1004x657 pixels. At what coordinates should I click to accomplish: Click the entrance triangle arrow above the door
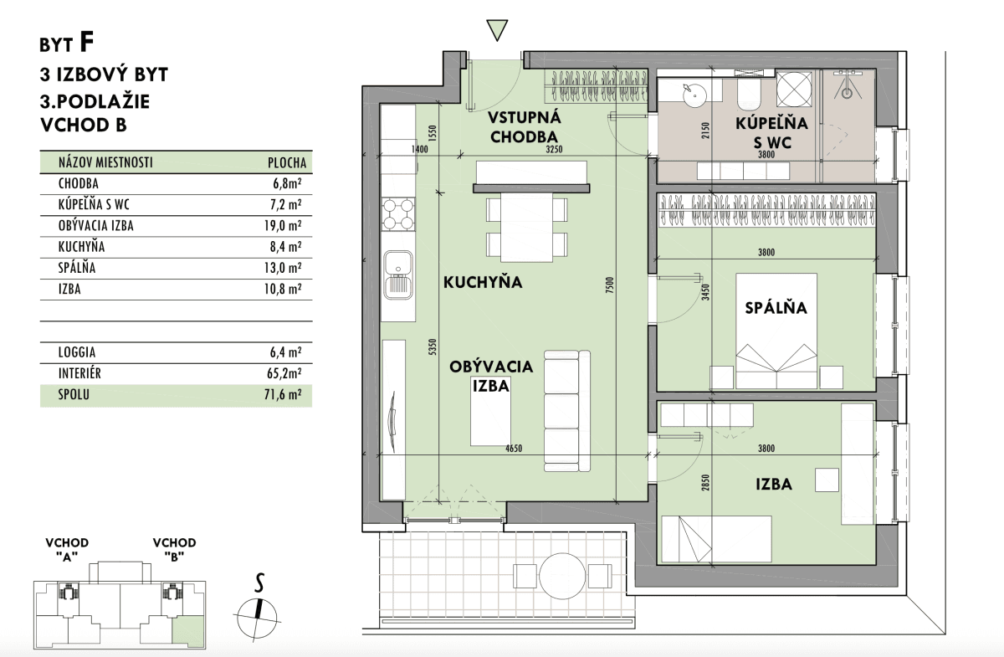point(497,29)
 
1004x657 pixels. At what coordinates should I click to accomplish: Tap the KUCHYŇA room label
point(483,282)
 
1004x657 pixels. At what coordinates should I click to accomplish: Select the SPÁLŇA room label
point(776,307)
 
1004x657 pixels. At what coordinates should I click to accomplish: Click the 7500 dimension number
point(609,285)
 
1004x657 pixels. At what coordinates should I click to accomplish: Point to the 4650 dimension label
point(514,448)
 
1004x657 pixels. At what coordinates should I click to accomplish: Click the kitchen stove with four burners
point(398,214)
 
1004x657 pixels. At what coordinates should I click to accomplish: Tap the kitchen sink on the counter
point(398,275)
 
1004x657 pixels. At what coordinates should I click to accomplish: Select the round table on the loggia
point(562,576)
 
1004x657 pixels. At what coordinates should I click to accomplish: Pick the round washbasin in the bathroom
point(694,95)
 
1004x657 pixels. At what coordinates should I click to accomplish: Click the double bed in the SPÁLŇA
point(776,331)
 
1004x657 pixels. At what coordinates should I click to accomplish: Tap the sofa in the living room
point(567,411)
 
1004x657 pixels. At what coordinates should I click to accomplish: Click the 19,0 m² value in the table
point(283,225)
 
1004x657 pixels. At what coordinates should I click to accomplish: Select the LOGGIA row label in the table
point(77,352)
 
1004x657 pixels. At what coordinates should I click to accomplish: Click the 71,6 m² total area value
point(283,395)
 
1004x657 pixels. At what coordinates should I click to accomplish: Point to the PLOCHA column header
point(287,162)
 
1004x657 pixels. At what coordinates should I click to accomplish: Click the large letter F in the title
point(86,43)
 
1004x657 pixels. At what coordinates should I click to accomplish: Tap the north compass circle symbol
point(257,618)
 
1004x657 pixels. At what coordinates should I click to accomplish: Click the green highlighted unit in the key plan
point(188,631)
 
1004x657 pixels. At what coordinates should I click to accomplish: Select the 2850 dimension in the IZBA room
point(706,482)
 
